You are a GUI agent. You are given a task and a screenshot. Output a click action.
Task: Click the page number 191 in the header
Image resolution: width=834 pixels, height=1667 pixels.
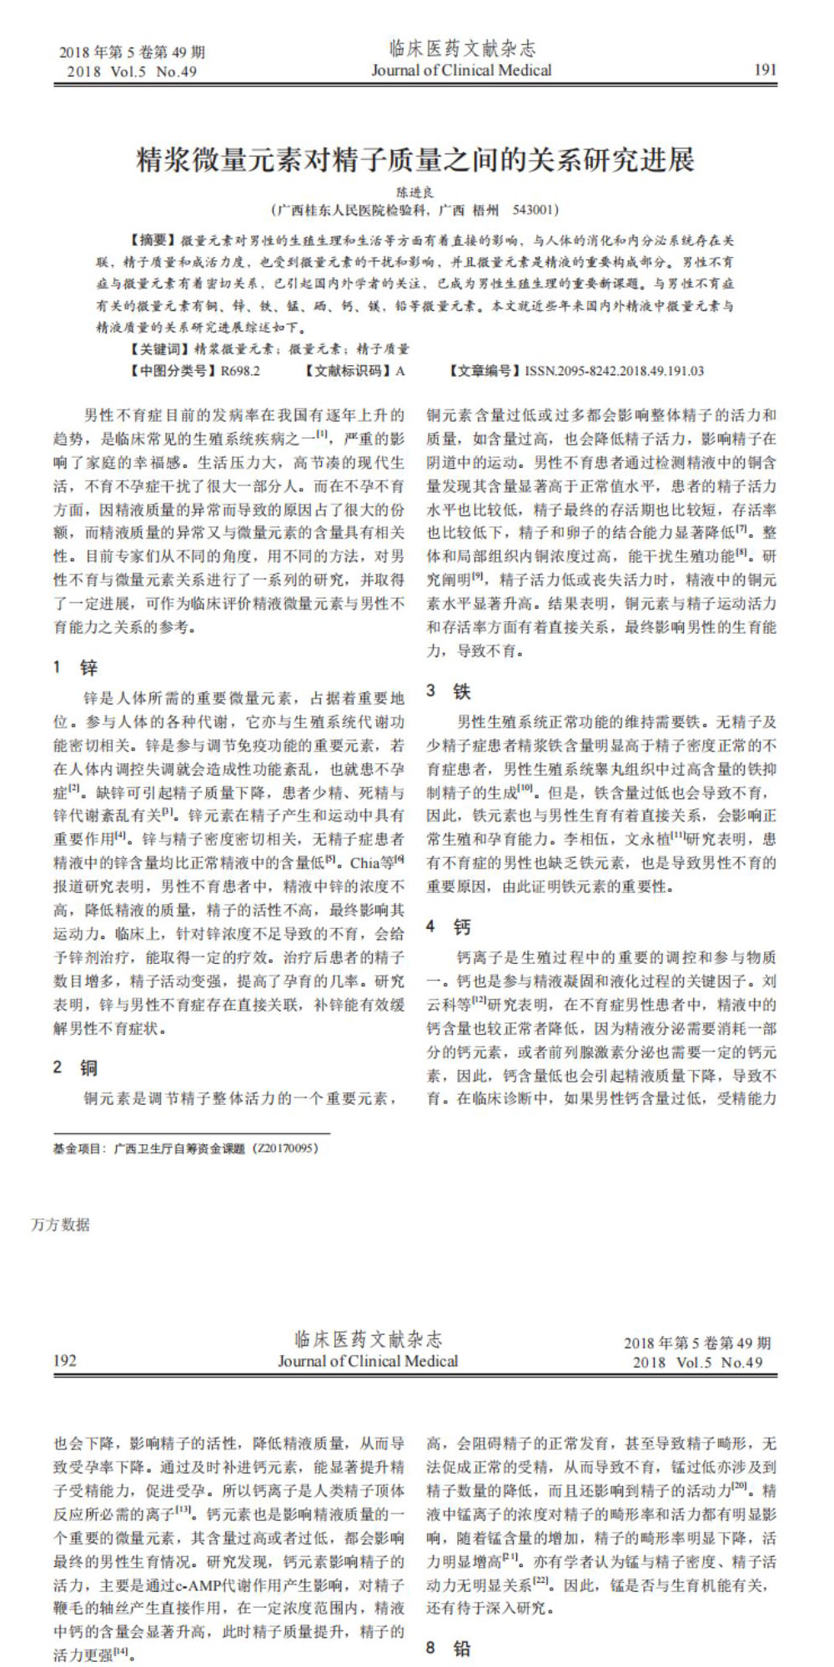coord(764,70)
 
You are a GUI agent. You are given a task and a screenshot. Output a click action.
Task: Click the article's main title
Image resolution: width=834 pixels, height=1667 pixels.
coord(415,159)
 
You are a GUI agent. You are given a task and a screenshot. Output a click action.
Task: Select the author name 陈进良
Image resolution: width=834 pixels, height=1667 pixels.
coord(414,193)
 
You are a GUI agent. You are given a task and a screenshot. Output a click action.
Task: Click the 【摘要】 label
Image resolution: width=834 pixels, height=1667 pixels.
coord(154,240)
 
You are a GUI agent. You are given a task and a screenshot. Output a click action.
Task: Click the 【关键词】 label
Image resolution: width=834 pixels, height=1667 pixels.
coord(161,349)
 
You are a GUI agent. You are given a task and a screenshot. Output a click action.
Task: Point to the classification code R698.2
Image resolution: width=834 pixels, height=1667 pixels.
coord(240,371)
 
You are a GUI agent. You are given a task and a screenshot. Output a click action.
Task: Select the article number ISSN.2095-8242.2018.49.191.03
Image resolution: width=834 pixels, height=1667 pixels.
coord(614,371)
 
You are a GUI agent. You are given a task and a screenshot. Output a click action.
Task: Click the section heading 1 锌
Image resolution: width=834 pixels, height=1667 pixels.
coord(77,667)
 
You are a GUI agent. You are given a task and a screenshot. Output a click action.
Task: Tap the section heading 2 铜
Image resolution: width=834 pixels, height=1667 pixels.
coord(77,1067)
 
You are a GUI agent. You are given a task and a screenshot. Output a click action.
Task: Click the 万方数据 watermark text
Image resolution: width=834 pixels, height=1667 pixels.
coord(60,1224)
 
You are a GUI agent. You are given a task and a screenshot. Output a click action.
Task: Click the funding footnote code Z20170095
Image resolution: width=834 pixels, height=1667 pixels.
coord(285,1148)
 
